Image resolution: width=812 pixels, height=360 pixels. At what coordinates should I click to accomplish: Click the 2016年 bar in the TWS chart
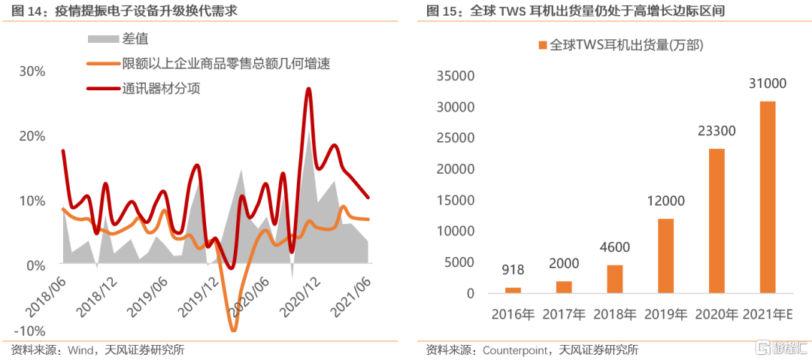pos(513,290)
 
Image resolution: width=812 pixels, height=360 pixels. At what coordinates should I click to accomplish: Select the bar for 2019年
pos(666,256)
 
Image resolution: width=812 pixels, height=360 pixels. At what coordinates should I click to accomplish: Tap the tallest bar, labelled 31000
pos(768,197)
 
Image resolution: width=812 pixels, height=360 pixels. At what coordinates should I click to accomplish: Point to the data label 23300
pos(717,132)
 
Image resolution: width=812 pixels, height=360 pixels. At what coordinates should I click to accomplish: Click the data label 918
pos(513,270)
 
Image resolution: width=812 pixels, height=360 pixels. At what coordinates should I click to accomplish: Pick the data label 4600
pos(614,247)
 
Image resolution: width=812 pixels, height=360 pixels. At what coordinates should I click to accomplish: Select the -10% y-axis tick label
pos(31,331)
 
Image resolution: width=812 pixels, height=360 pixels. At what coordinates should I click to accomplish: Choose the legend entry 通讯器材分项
pos(161,89)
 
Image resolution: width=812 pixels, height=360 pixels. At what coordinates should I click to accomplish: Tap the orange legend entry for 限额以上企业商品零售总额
pos(226,64)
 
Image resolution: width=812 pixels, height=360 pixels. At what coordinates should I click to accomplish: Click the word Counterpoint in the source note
pos(516,349)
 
